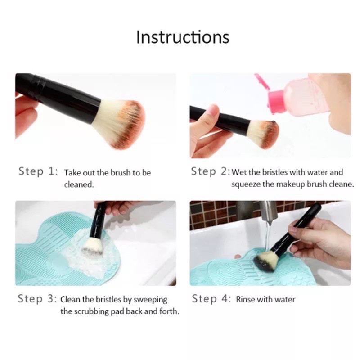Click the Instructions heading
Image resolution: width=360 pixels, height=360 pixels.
pos(183,37)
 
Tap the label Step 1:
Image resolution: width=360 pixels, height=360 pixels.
pos(38,171)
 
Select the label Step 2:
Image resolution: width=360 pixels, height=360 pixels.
pos(210,171)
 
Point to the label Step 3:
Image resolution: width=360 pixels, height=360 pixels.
pos(37,299)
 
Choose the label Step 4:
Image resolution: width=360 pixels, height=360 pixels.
pos(211,299)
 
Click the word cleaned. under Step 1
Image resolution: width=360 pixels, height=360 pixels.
pos(79,184)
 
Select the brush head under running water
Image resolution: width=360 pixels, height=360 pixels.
pos(265,261)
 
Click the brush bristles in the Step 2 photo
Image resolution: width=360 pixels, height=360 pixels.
pos(264,134)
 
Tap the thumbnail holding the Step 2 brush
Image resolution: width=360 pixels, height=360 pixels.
pos(213,111)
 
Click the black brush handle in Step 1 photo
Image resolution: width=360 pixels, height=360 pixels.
pos(58,96)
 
